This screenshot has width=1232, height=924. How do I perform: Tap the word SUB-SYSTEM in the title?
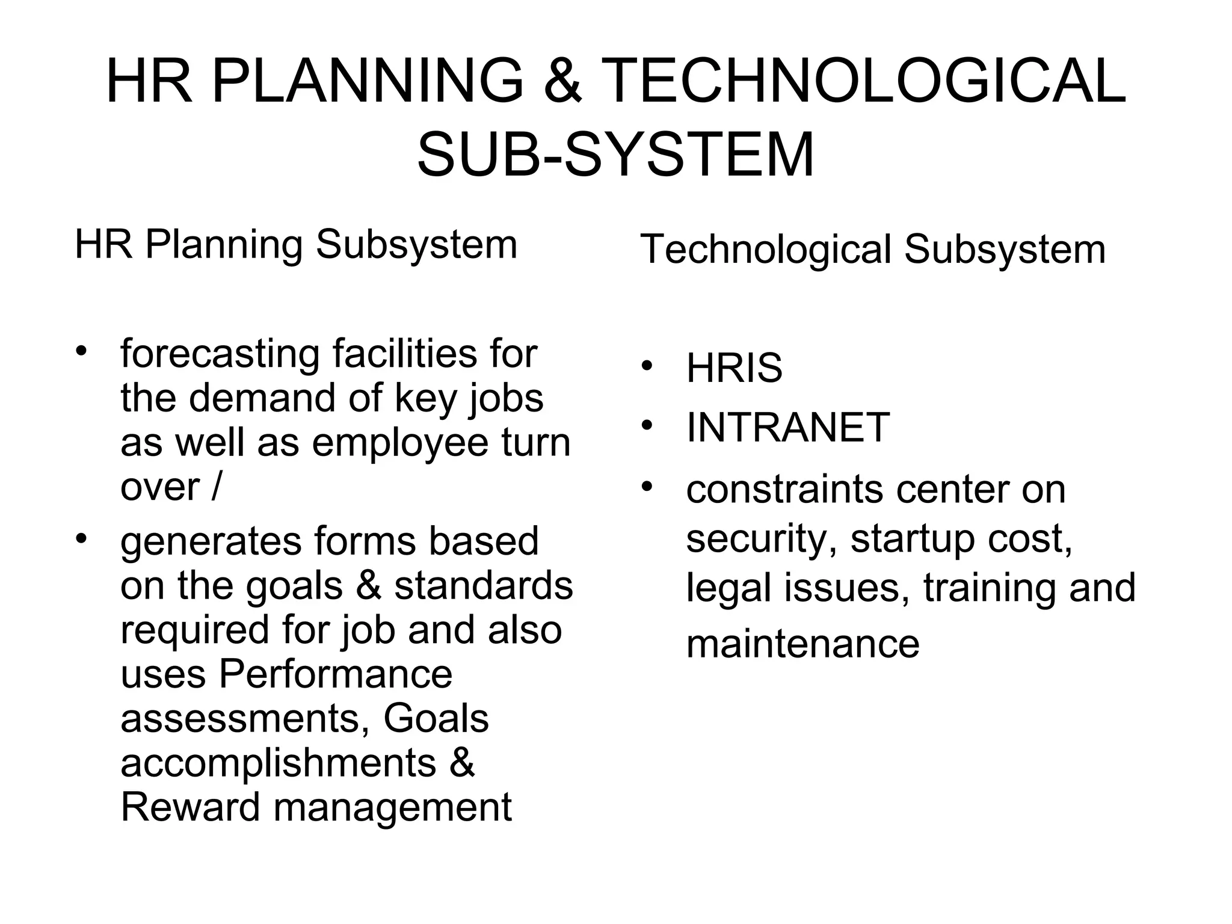(615, 155)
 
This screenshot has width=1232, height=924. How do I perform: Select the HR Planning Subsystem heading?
(295, 245)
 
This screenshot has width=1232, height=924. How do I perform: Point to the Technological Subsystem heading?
(872, 249)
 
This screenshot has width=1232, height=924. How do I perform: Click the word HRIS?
(734, 368)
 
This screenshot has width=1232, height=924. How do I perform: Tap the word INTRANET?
(787, 427)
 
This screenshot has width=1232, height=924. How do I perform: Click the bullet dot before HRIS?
(647, 366)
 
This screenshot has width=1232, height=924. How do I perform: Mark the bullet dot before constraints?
(647, 485)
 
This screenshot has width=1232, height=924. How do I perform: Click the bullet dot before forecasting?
(81, 350)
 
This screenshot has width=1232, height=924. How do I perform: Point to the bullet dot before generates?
(81, 537)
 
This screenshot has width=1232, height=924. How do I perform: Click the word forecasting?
(220, 355)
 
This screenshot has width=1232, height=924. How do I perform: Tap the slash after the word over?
(215, 487)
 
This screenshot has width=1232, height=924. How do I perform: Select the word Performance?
(335, 674)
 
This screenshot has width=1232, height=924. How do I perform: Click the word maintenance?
(802, 644)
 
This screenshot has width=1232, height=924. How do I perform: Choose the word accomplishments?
(278, 763)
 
